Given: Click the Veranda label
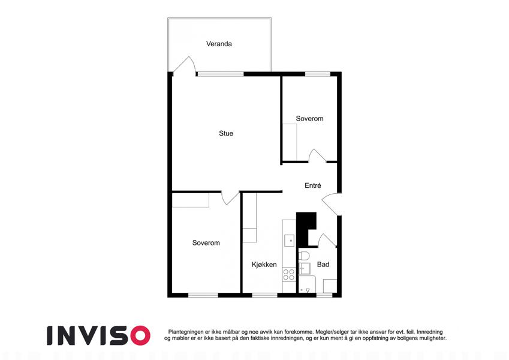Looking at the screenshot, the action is (219, 44).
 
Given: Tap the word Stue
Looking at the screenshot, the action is (226, 133).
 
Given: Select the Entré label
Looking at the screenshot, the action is (312, 185).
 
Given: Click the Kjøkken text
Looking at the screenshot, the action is (264, 265).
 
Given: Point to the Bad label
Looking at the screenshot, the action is (323, 265).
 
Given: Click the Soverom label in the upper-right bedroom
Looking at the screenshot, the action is (310, 119).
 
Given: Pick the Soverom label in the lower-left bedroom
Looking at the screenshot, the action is (206, 243).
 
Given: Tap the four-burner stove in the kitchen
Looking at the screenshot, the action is (288, 275).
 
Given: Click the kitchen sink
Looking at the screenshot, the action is (289, 241).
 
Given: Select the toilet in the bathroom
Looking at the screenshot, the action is (304, 256).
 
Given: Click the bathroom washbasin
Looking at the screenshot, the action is (304, 269).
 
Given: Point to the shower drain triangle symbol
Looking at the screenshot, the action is (308, 290).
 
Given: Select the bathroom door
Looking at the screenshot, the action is (326, 240).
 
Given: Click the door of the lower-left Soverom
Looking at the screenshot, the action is (230, 198).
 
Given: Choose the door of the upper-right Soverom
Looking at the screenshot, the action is (317, 155).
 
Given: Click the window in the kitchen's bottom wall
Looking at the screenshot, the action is (265, 295).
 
